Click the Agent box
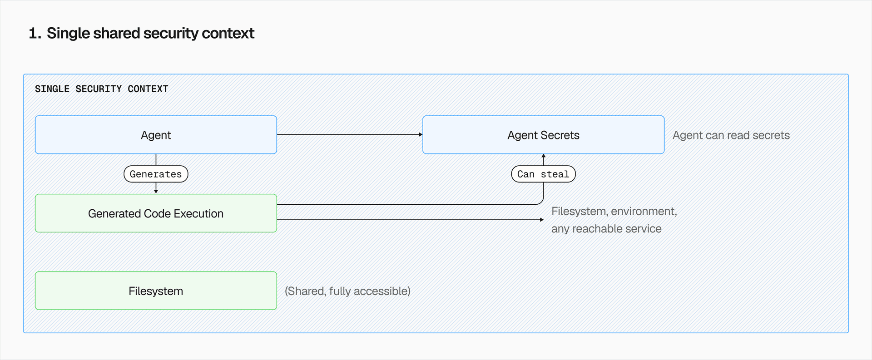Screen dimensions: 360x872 click(x=156, y=135)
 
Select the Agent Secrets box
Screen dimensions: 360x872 click(x=543, y=135)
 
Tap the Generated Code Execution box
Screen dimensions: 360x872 click(x=156, y=213)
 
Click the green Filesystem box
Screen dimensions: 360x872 click(x=156, y=291)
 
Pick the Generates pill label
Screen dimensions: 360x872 click(x=156, y=174)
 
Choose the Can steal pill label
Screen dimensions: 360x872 click(x=543, y=174)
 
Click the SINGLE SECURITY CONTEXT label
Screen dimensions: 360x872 click(x=101, y=89)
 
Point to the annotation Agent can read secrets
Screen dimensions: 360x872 click(x=731, y=135)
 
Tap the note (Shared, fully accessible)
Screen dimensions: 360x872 click(x=347, y=291)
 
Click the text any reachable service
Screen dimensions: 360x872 click(x=606, y=229)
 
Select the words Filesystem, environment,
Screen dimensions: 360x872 click(x=614, y=212)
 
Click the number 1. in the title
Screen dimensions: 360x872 click(x=35, y=34)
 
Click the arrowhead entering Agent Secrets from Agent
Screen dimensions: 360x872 click(x=421, y=134)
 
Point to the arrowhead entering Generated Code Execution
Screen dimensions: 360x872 click(x=156, y=192)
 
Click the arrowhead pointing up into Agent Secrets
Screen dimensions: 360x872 click(x=543, y=156)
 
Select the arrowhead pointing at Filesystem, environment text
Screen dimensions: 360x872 click(x=541, y=220)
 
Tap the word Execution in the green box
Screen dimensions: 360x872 click(x=198, y=213)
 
